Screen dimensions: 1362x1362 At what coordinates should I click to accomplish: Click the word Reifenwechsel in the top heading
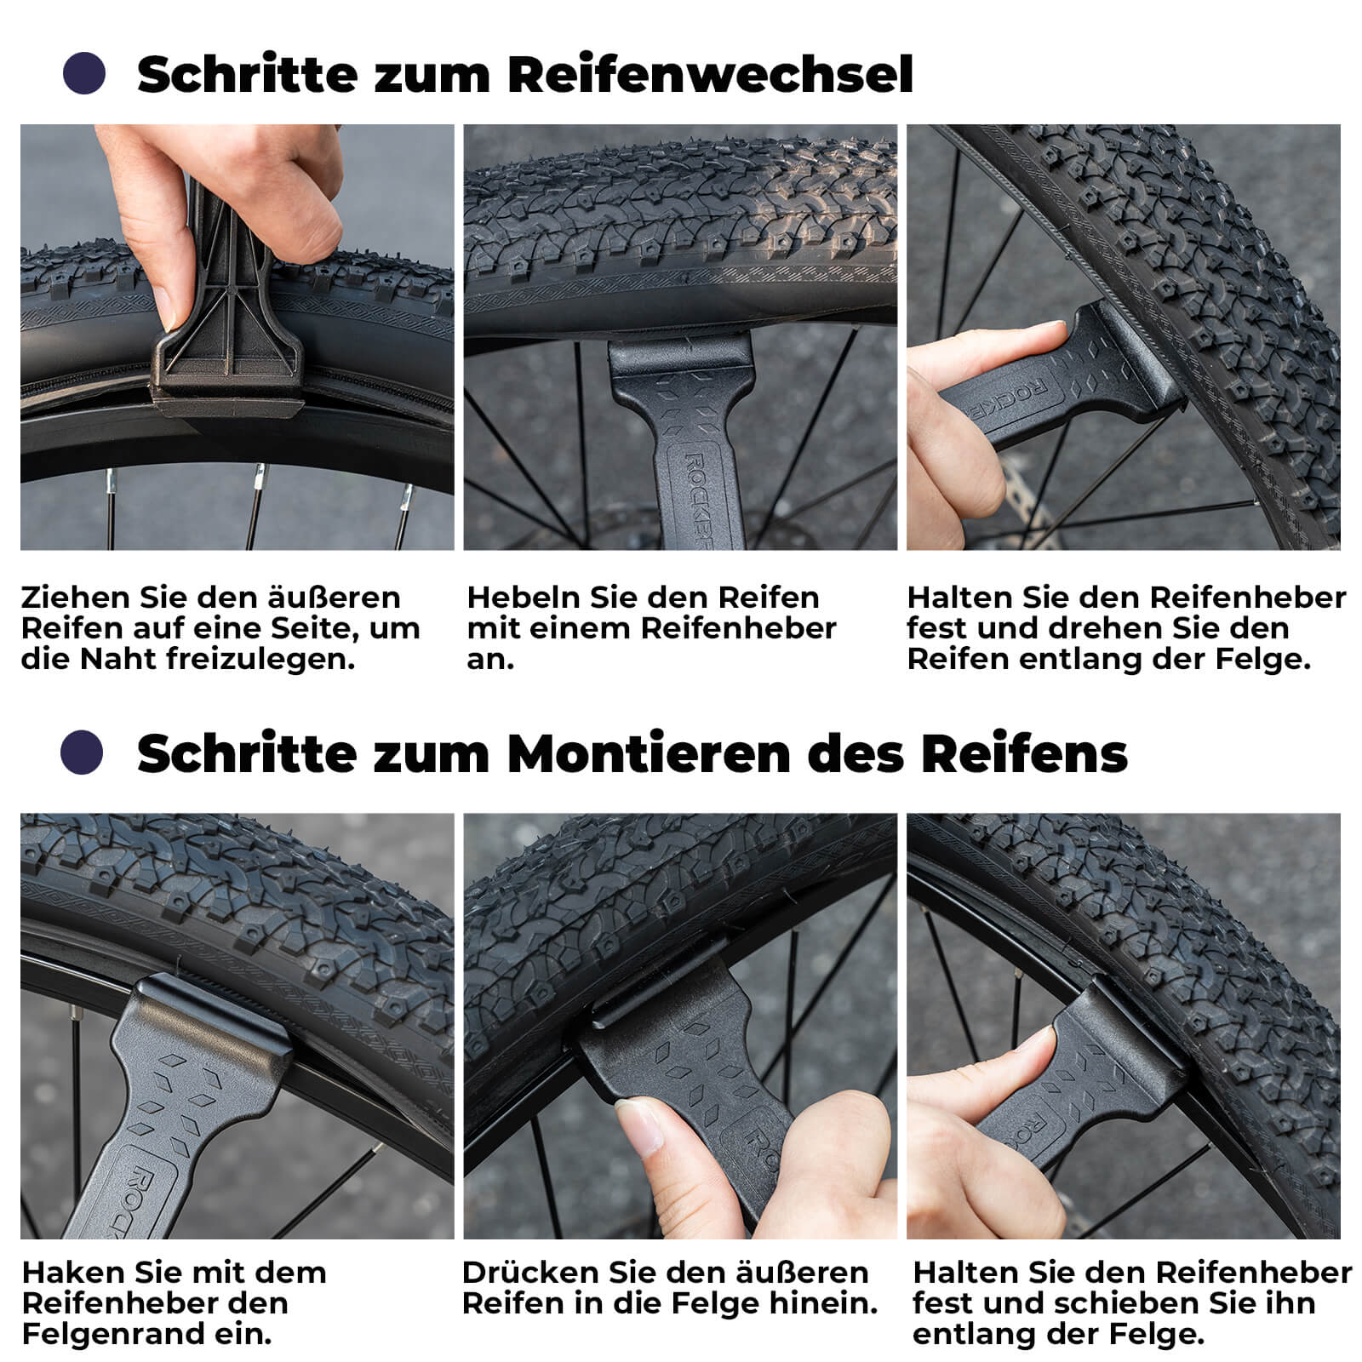(x=710, y=75)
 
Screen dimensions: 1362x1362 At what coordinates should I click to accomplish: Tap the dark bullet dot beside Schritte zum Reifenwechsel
(x=84, y=73)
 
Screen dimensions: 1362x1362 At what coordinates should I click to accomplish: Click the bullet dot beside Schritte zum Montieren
(x=83, y=753)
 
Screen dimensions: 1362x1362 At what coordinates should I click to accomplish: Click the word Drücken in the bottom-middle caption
(x=529, y=1273)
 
